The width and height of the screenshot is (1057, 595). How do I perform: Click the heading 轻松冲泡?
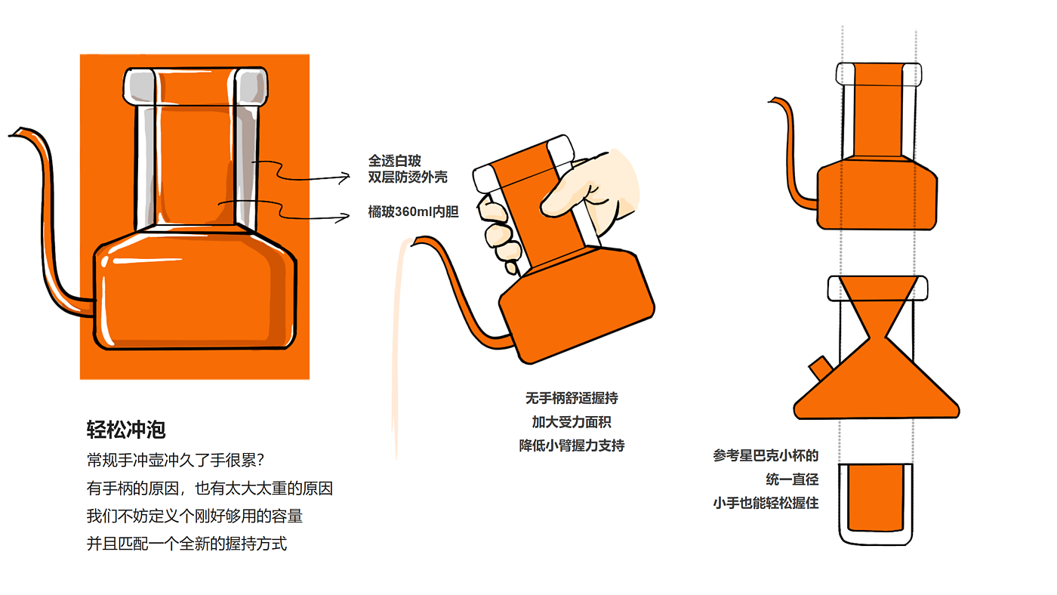(x=126, y=430)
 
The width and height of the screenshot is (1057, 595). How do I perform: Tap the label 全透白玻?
(x=394, y=161)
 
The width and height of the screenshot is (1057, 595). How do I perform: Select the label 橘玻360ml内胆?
(x=413, y=212)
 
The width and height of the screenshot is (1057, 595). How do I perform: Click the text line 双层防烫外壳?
(x=408, y=177)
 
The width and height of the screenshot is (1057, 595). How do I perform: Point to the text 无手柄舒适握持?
(x=572, y=398)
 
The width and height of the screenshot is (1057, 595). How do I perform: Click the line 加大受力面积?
(x=572, y=421)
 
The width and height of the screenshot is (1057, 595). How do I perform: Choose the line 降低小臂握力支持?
(x=572, y=445)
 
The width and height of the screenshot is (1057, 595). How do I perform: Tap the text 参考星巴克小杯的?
(x=766, y=456)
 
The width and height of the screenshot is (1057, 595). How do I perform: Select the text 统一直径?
(x=792, y=479)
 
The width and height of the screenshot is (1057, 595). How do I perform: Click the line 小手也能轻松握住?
(x=766, y=503)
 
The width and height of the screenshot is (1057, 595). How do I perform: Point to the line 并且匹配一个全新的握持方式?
(x=186, y=543)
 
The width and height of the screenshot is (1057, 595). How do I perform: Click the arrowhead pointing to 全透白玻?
(x=346, y=177)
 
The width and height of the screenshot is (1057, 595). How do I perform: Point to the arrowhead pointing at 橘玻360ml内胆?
(x=346, y=216)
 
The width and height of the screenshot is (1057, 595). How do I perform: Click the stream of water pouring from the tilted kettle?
(x=397, y=347)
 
